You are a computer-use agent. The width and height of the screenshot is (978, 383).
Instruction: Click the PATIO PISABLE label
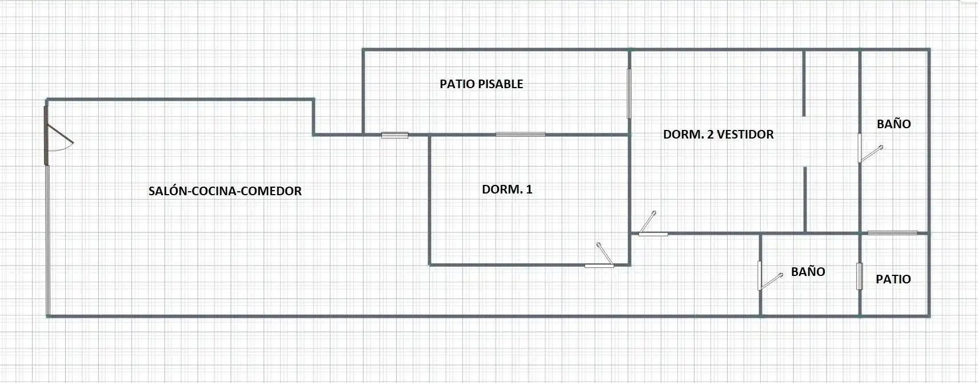[481, 84]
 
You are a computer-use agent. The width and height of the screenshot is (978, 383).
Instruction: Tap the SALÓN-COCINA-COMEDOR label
[225, 191]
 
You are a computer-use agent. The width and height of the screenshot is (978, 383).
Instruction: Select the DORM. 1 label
[507, 189]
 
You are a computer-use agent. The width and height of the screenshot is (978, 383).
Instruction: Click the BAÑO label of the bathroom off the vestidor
[894, 124]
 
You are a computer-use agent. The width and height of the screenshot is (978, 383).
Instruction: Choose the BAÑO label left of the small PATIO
[808, 271]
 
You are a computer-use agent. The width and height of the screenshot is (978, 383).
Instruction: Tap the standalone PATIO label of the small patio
[893, 279]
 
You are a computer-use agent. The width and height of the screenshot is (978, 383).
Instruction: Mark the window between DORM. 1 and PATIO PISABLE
[520, 134]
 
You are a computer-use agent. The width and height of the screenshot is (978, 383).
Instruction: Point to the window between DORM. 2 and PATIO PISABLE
[629, 93]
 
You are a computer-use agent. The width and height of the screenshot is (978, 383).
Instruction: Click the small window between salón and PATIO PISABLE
[395, 135]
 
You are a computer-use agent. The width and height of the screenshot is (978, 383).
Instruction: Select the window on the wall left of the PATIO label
[859, 277]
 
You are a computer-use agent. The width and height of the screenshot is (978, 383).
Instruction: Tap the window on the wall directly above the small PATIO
[892, 232]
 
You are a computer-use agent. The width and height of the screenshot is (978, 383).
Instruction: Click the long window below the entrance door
[48, 240]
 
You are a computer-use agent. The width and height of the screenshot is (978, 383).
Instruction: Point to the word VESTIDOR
[745, 134]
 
